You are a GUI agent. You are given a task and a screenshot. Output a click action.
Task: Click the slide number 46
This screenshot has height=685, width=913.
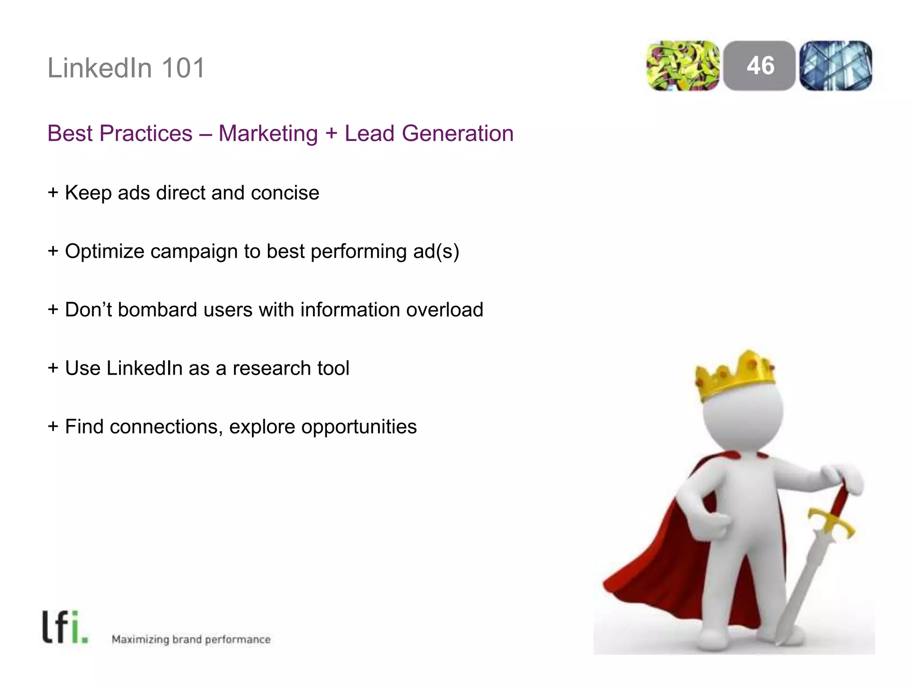[x=760, y=66]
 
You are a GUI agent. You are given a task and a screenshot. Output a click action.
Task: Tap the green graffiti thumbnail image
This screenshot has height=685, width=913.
[x=683, y=66]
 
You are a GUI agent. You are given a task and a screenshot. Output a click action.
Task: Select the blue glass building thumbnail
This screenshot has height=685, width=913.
[x=836, y=66]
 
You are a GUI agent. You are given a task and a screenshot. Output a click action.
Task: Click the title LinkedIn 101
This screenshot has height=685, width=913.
[x=126, y=68]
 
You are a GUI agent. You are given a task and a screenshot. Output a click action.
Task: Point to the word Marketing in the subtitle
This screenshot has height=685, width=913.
[x=268, y=133]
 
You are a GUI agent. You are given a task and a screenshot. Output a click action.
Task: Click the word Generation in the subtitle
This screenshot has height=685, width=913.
[x=457, y=133]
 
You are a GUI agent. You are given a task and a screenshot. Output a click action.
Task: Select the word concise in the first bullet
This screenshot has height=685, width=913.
[x=285, y=193]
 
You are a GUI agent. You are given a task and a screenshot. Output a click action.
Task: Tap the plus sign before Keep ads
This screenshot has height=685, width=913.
[x=53, y=193]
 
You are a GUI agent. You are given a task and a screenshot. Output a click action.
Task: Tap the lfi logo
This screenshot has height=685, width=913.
[x=65, y=627]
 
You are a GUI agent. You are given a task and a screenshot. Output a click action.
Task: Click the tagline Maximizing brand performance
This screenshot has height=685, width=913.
[x=191, y=640]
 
